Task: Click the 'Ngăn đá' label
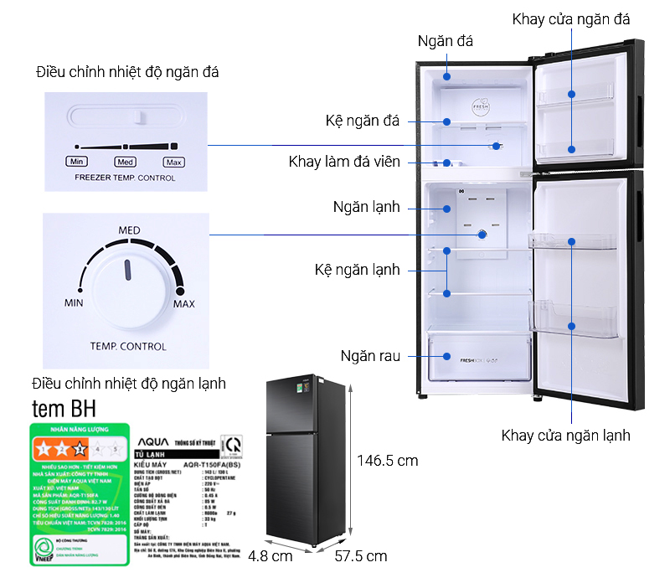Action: pyautogui.click(x=445, y=42)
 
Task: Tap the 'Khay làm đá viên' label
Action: pyautogui.click(x=344, y=162)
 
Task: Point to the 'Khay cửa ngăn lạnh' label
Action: pyautogui.click(x=565, y=435)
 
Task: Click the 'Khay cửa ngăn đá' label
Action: pyautogui.click(x=571, y=18)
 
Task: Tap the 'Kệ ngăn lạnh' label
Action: pyautogui.click(x=357, y=270)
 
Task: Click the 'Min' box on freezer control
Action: pyautogui.click(x=77, y=162)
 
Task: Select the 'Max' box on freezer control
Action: pyautogui.click(x=173, y=162)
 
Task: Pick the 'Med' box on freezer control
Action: pyautogui.click(x=126, y=162)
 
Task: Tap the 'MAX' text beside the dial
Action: pyautogui.click(x=183, y=303)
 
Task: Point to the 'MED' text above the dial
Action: pyautogui.click(x=129, y=230)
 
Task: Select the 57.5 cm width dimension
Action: pyautogui.click(x=360, y=556)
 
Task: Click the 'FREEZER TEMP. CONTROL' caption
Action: pyautogui.click(x=125, y=178)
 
